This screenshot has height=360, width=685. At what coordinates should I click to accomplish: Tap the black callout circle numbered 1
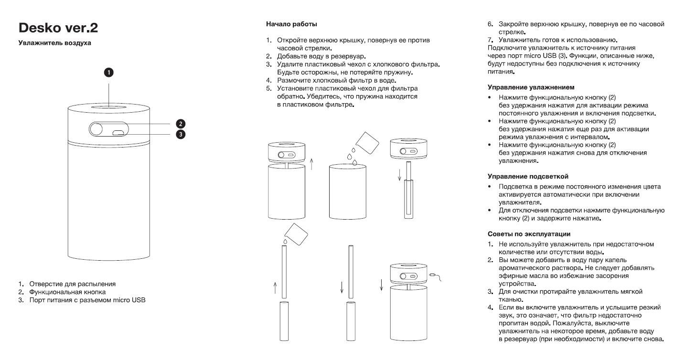(109, 73)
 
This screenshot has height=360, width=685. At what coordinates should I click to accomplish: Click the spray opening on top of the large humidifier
(109, 106)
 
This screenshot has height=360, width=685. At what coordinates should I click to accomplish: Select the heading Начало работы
(291, 23)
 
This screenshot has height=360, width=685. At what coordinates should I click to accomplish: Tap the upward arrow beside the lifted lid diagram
(311, 165)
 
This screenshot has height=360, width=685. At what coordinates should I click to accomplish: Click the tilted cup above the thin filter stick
(296, 233)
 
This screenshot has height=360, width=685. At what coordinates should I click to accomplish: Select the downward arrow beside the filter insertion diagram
(399, 177)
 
